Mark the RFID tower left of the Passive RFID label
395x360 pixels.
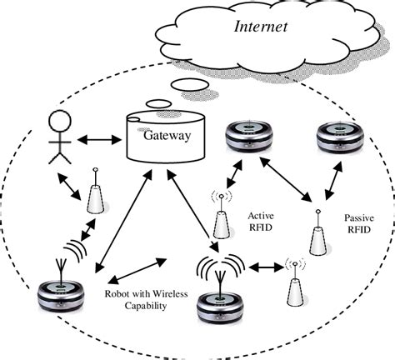tap(317, 236)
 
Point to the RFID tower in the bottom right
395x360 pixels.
tap(293, 288)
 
